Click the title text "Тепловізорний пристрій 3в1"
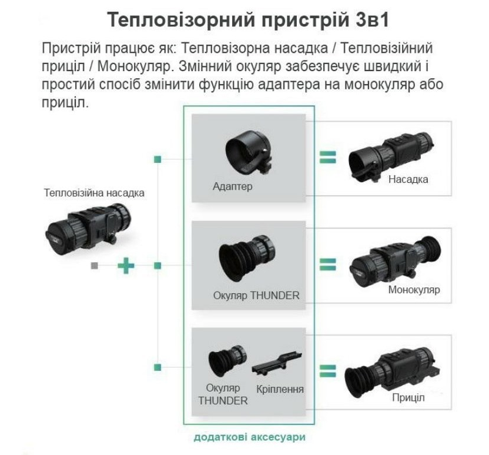click(x=248, y=20)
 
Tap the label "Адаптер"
click(x=232, y=186)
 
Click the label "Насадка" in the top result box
click(x=408, y=179)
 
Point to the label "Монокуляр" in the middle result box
click(x=414, y=290)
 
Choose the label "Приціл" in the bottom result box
click(x=408, y=397)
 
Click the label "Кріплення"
click(x=280, y=389)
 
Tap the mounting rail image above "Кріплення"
click(x=277, y=363)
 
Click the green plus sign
click(x=126, y=266)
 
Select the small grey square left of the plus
click(x=94, y=266)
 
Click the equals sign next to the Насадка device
click(x=328, y=158)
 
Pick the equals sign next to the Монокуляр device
click(x=328, y=265)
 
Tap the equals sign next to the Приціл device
click(x=328, y=371)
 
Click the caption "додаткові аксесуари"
click(x=249, y=437)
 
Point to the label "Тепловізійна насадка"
click(x=94, y=193)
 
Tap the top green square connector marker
click(x=158, y=159)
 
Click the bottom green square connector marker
click(x=158, y=367)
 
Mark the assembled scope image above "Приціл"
click(x=393, y=372)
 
